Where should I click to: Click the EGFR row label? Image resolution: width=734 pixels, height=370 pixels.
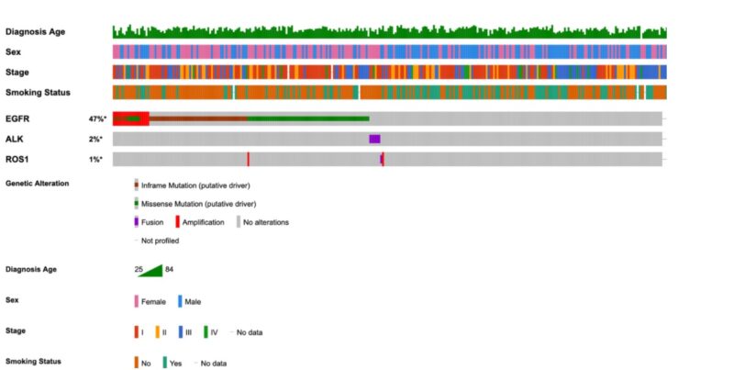click(x=17, y=119)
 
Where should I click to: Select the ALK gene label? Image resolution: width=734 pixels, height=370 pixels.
click(x=14, y=140)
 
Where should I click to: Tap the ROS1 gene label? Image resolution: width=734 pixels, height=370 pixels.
click(x=16, y=160)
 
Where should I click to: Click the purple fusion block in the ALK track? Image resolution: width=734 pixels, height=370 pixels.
click(x=374, y=139)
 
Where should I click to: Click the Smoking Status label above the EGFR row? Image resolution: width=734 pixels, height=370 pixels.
click(x=38, y=92)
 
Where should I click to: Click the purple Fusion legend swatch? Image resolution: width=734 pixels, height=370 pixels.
click(x=137, y=221)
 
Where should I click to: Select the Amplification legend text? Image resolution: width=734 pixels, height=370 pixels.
click(x=203, y=222)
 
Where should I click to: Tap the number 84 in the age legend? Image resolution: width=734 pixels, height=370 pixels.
click(x=170, y=269)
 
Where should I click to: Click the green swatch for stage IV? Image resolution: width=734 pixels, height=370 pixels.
click(x=206, y=331)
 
